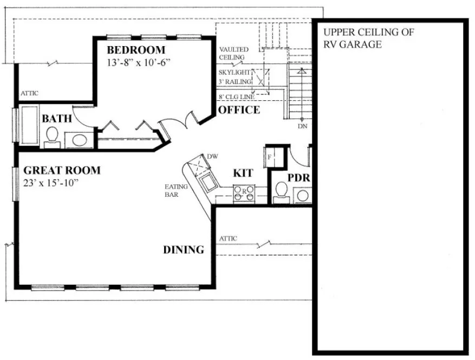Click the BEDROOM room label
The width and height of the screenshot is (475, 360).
coord(135,50)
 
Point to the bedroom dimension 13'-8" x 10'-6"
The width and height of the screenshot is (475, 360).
coord(139,62)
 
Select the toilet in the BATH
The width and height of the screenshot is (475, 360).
coord(53,136)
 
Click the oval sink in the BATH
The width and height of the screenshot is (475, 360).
coord(79,140)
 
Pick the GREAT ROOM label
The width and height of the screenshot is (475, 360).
coord(61,170)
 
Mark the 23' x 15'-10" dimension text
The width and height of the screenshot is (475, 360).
coord(52,183)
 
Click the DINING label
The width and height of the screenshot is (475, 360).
coord(184,250)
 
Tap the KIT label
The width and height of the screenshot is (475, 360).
coord(243,173)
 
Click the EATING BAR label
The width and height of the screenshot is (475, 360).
coord(177,190)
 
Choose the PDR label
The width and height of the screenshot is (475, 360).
coord(298,178)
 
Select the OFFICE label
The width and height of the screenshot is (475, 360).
coord(239,110)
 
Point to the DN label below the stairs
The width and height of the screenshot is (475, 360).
coord(302,126)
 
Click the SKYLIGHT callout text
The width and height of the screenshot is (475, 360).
coord(235,72)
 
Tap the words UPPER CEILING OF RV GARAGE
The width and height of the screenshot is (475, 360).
coord(368,38)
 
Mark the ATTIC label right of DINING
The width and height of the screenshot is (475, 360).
coord(228,239)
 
